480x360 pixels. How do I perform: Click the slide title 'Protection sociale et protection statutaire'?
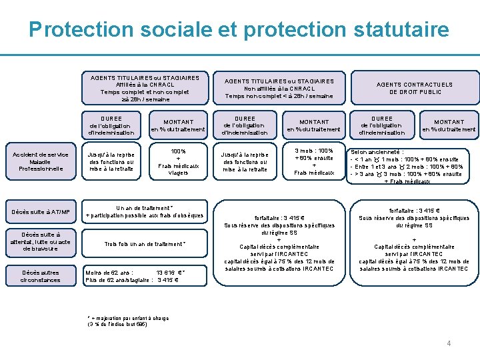239,30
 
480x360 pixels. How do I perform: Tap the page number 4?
449,343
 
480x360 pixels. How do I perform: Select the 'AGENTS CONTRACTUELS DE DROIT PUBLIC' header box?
414,88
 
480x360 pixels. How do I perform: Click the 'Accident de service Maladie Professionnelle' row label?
40,161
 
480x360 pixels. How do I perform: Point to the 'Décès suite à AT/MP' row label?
40,212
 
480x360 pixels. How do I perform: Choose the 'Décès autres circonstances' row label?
40,276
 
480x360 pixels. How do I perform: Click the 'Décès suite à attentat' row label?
40,241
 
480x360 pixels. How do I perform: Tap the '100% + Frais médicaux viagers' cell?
179,162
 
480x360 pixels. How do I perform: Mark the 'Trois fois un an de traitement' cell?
145,244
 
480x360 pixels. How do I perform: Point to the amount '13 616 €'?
169,272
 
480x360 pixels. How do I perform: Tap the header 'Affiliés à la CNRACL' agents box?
145,88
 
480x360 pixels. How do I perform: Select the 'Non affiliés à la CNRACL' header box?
279,89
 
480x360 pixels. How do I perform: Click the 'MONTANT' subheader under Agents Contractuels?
449,125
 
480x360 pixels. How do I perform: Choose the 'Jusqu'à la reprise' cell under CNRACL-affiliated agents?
111,162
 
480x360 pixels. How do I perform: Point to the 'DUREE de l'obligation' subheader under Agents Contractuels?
382,125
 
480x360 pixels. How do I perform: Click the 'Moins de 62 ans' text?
110,272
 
